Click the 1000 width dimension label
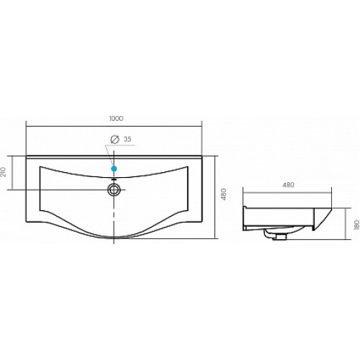click(x=116, y=118)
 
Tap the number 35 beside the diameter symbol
click(x=127, y=139)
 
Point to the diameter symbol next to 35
click(x=114, y=140)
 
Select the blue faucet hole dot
click(x=114, y=168)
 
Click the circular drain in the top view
click(x=114, y=189)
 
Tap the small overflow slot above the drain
click(x=114, y=179)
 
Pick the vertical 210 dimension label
click(x=4, y=172)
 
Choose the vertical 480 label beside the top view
click(x=224, y=194)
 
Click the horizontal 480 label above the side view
click(x=288, y=185)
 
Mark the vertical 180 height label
click(x=356, y=225)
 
